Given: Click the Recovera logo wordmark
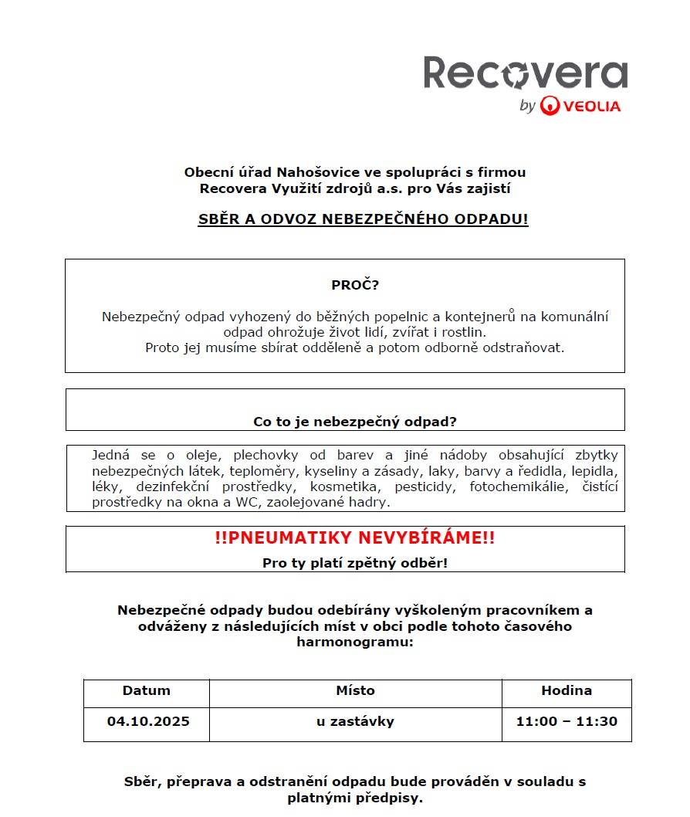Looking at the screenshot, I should (x=525, y=73).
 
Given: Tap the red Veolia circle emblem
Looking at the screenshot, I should (x=550, y=106).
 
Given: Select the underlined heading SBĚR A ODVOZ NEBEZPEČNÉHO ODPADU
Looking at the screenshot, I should (x=363, y=219).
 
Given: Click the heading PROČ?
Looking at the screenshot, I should (x=355, y=285).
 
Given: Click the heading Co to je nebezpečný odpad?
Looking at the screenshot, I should (x=355, y=422).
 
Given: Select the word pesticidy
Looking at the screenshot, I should (x=424, y=486).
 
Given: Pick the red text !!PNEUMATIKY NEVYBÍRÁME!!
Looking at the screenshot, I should (x=355, y=538).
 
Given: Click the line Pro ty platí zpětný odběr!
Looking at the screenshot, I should (x=355, y=563).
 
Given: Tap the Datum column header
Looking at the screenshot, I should (x=147, y=690).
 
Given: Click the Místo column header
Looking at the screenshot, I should (x=355, y=690).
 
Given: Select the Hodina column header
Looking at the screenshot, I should (x=567, y=690).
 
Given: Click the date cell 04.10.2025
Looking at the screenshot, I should (x=148, y=721).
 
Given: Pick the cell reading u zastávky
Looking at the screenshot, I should (x=355, y=721).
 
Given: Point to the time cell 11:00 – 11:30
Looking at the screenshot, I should (x=567, y=721).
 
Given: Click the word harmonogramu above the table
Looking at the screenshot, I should (x=355, y=642).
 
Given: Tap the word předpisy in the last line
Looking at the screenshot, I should (x=387, y=798).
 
